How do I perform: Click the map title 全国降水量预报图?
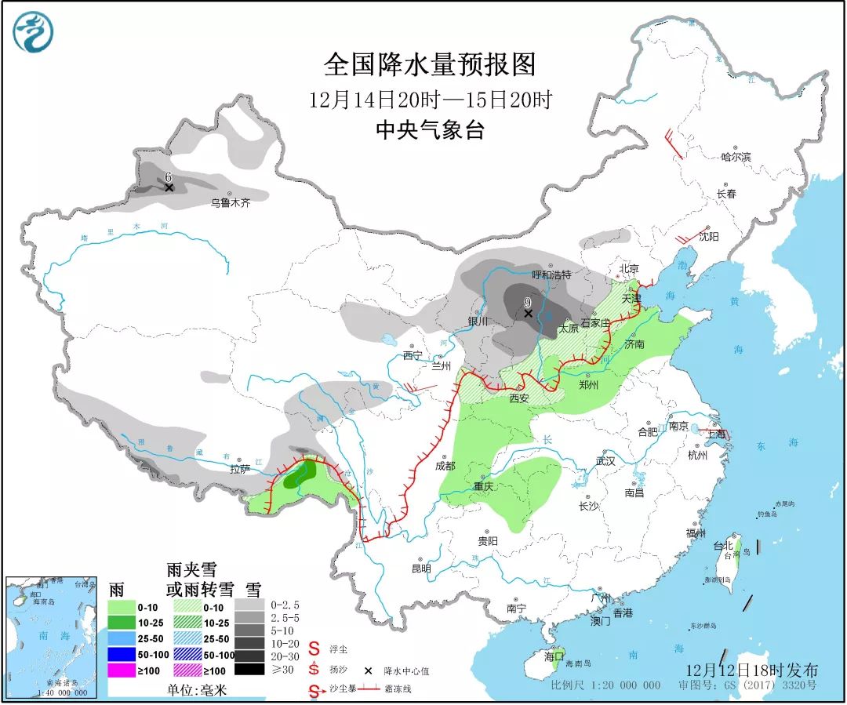(429, 64)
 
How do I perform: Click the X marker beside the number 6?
(169, 187)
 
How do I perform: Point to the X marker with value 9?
(528, 314)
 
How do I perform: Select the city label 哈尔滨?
(736, 157)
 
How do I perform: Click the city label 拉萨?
(238, 469)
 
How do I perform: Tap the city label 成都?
(445, 465)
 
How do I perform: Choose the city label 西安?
(519, 398)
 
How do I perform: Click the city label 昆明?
(421, 568)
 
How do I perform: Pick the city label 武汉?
(605, 461)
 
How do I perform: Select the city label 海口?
(554, 656)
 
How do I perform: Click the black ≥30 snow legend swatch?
(249, 669)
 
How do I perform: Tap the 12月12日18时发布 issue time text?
(751, 670)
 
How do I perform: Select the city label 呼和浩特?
(551, 275)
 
